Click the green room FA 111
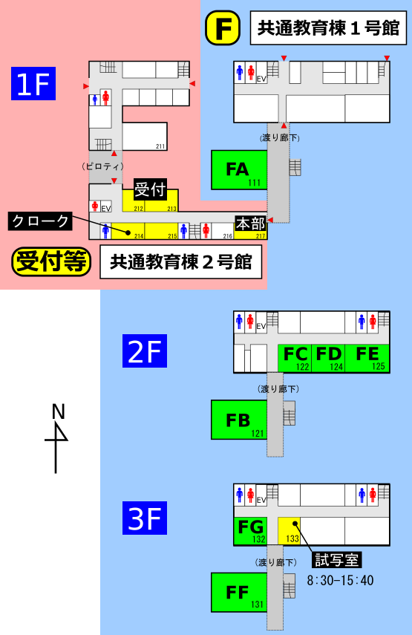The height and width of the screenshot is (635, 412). [239, 169]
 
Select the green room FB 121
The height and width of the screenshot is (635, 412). [239, 420]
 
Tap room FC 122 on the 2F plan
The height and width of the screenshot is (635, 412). [295, 359]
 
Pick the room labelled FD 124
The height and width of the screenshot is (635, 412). [328, 359]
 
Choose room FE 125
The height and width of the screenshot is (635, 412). [367, 359]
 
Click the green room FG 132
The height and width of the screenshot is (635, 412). [250, 531]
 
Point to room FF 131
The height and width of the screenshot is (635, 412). [239, 592]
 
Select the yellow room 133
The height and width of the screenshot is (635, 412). [289, 531]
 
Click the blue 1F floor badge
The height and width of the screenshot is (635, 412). [33, 83]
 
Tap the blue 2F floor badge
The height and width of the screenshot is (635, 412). [145, 351]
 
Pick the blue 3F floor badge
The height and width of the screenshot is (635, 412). [145, 518]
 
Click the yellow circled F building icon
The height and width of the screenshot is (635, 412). [223, 28]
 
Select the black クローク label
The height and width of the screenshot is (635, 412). [40, 221]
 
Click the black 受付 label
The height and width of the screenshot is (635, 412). [150, 189]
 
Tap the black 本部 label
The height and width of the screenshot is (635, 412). [250, 224]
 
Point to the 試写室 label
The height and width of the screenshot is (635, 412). [337, 560]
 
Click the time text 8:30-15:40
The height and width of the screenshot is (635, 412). [340, 580]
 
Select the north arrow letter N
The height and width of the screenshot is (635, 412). [59, 411]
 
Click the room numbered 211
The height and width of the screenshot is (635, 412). [145, 137]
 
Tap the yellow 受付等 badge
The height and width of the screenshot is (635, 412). [51, 261]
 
